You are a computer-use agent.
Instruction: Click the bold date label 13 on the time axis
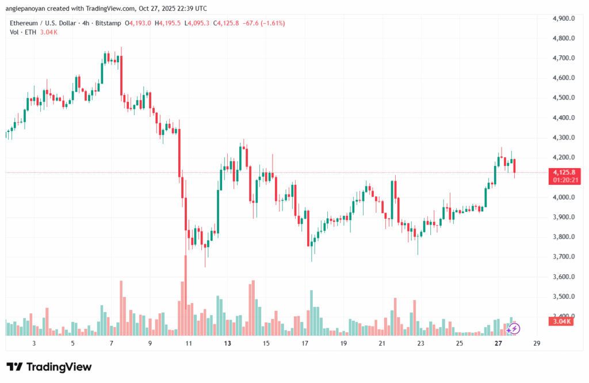[x=228, y=344]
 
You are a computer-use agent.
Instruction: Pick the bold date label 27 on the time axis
[x=498, y=344]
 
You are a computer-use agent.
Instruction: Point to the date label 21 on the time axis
[x=383, y=344]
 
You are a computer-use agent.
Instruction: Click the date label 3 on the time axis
[x=35, y=344]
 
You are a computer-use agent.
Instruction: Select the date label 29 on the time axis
[x=537, y=344]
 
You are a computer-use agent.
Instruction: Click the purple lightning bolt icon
[x=515, y=328]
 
